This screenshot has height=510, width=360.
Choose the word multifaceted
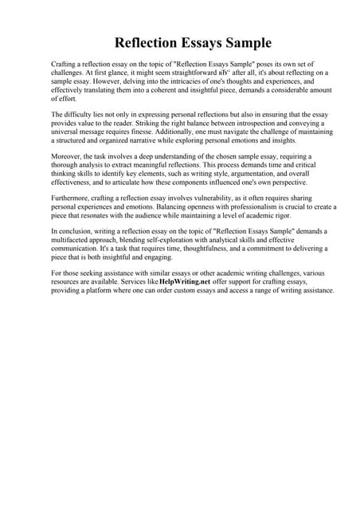74,241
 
